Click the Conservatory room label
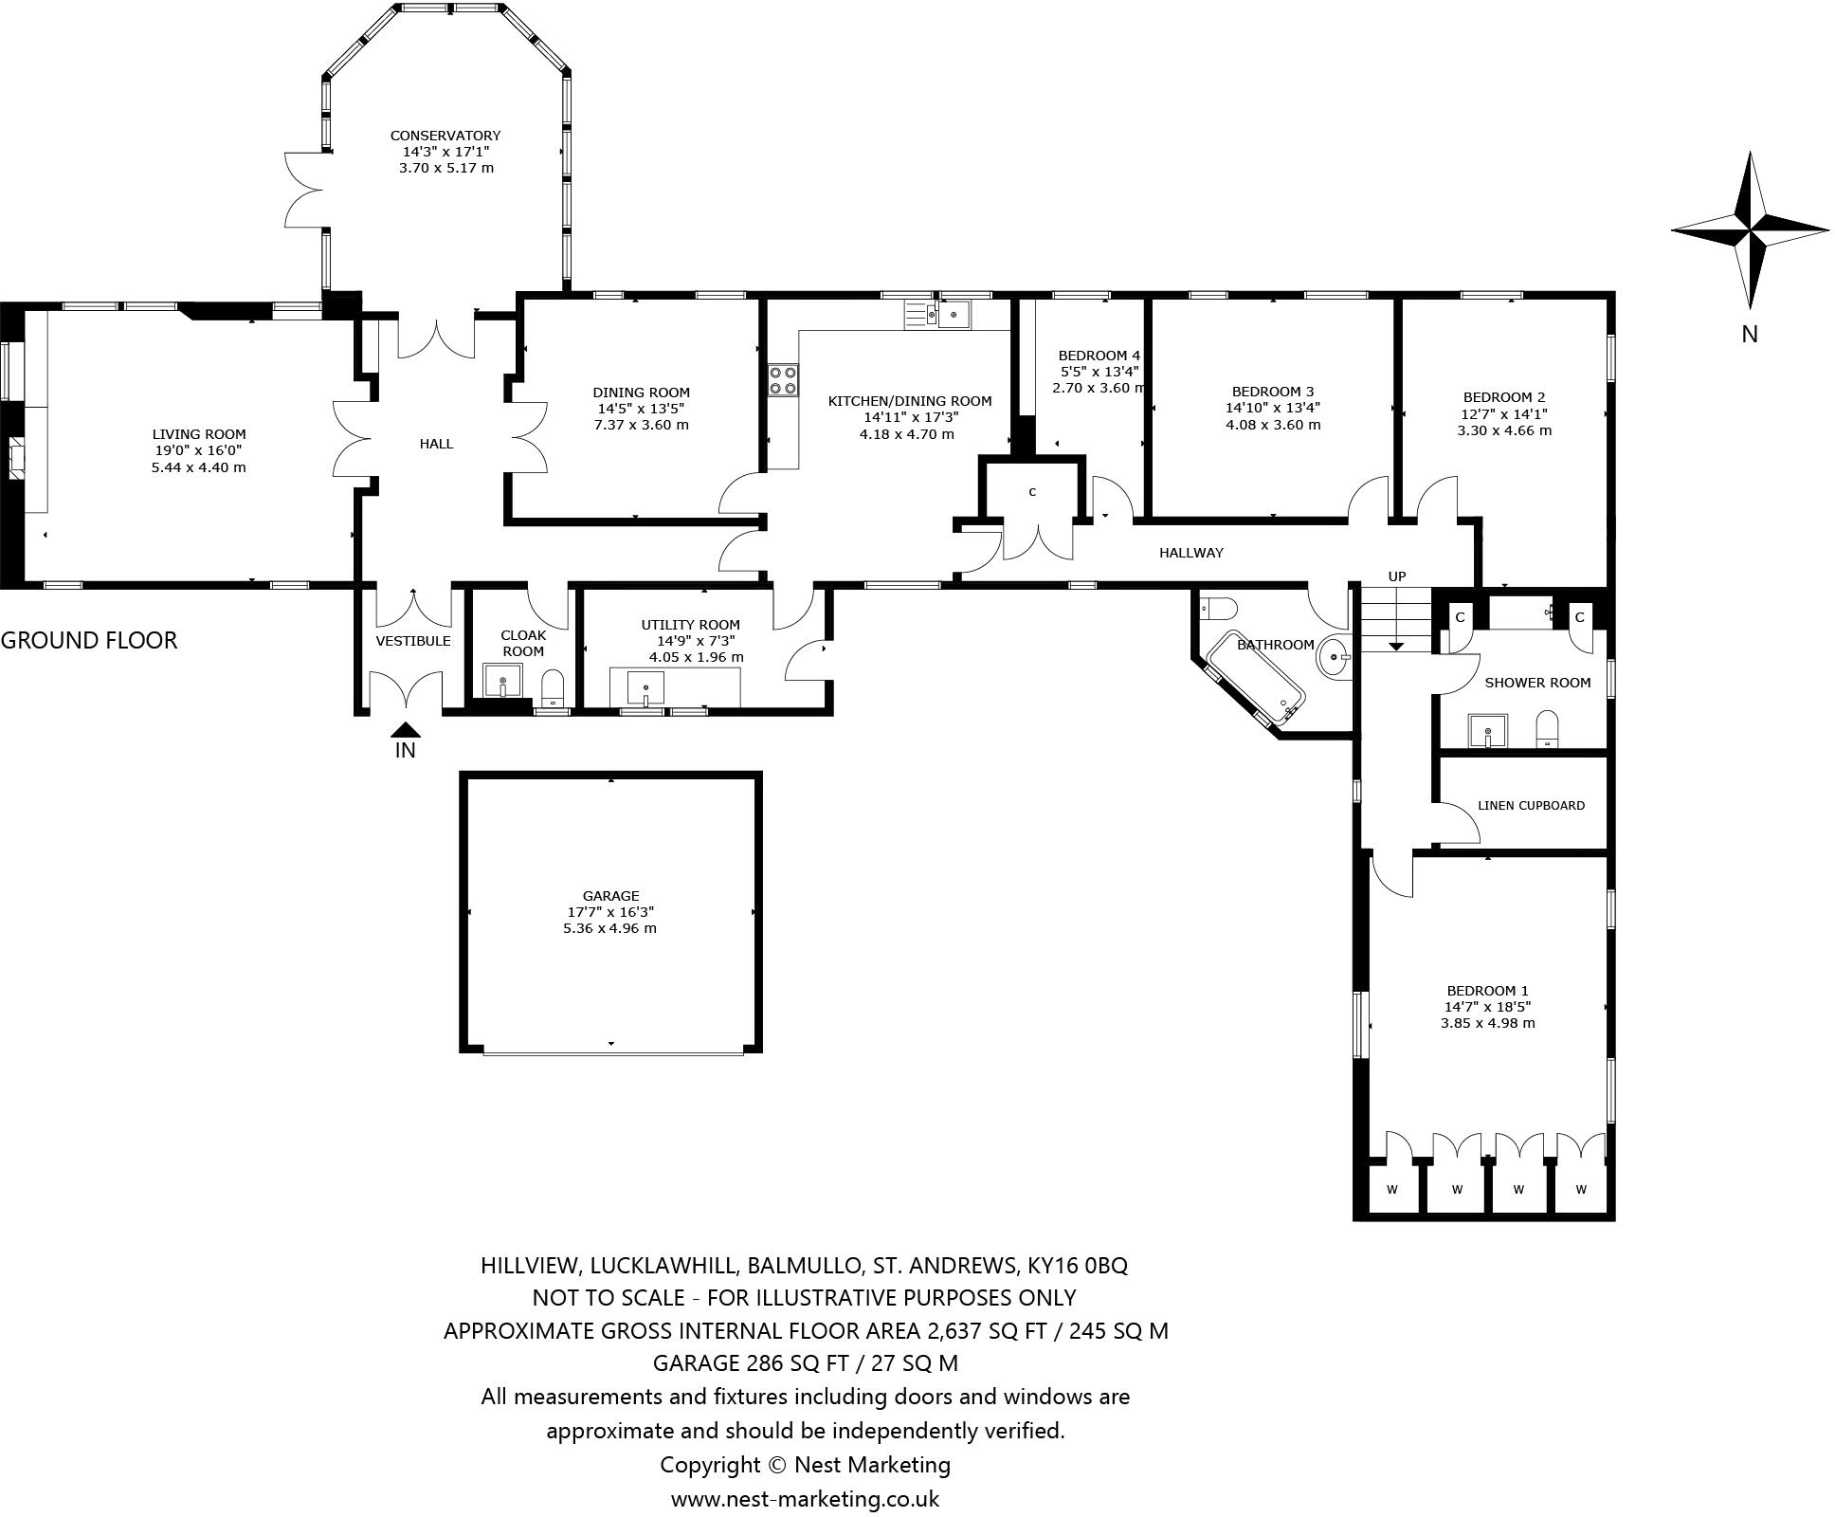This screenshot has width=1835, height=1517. pyautogui.click(x=445, y=136)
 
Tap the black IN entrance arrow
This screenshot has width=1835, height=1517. pyautogui.click(x=406, y=730)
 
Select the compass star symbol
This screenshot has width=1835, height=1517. pyautogui.click(x=1749, y=229)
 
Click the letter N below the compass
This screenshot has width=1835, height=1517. pyautogui.click(x=1750, y=334)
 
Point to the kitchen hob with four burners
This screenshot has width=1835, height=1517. pyautogui.click(x=783, y=380)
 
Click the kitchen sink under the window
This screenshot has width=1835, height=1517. pyautogui.click(x=954, y=315)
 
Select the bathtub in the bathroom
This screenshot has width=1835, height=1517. pyautogui.click(x=1255, y=679)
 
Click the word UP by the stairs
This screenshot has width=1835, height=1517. pyautogui.click(x=1396, y=576)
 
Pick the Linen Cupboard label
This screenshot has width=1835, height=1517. pyautogui.click(x=1531, y=806)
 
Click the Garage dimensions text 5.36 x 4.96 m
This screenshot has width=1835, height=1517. pyautogui.click(x=609, y=928)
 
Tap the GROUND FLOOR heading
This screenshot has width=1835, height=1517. pyautogui.click(x=89, y=640)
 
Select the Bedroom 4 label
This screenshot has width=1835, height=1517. pyautogui.click(x=1099, y=356)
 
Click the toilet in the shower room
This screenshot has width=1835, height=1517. pyautogui.click(x=1547, y=728)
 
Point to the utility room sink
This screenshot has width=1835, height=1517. pyautogui.click(x=645, y=685)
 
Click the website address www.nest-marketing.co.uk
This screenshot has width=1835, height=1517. pyautogui.click(x=805, y=1499)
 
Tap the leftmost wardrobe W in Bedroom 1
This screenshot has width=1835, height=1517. pyautogui.click(x=1392, y=1189)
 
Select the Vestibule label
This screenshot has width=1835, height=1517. pyautogui.click(x=413, y=641)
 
